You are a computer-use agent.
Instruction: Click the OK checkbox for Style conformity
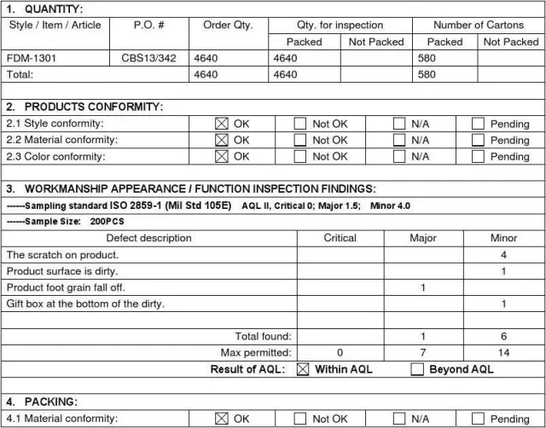coord(222,124)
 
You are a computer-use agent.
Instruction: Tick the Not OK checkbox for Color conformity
coord(299,156)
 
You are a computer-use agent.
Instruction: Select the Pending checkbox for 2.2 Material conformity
coord(477,140)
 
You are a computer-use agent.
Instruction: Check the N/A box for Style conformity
coord(398,124)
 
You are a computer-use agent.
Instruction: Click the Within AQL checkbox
coord(302,369)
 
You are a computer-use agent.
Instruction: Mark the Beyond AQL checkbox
coord(416,369)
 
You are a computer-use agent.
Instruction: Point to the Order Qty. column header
coord(228,26)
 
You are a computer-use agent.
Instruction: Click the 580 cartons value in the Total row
coord(427,74)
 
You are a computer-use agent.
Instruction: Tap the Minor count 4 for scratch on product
coord(504,255)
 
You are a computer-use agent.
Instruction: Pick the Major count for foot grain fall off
coord(423,287)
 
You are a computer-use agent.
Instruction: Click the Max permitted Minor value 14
coord(504,352)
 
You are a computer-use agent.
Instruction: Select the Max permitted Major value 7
coord(423,352)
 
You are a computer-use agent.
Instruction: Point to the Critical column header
coord(340,238)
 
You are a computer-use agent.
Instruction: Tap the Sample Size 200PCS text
coord(107,221)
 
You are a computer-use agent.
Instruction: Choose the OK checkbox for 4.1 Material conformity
coord(222,419)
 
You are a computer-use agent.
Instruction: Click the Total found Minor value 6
coord(504,337)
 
